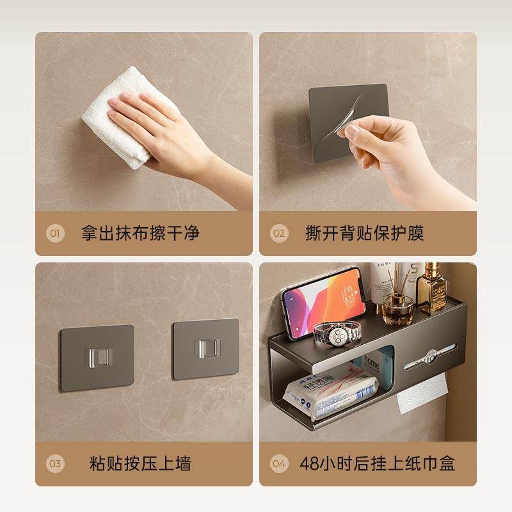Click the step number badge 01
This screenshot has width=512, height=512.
54,233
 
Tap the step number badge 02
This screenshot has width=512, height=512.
278,233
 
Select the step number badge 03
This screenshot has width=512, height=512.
54,463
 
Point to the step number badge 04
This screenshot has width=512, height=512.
278,463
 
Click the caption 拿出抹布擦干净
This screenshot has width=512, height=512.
140,233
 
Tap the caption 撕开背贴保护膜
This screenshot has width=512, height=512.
365,233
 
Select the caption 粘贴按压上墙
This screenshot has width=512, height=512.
140,463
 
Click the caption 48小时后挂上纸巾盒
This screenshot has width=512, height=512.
378,463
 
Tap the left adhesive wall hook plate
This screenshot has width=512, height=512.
97,354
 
